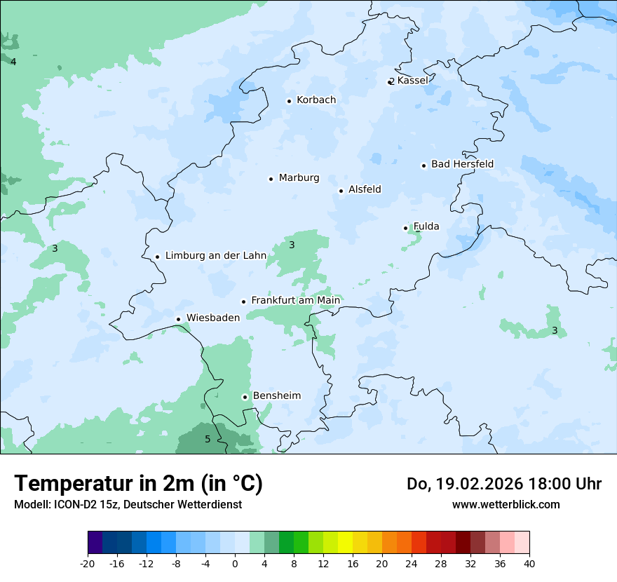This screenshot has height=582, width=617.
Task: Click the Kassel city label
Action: [412, 81]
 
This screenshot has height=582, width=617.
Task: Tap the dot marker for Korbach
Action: [289, 101]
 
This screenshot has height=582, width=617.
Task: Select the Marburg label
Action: [299, 178]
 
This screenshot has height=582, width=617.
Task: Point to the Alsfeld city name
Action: [365, 189]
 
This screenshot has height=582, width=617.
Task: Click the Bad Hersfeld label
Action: [462, 164]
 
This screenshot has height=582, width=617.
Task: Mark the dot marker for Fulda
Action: [405, 228]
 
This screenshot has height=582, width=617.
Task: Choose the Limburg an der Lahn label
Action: [215, 256]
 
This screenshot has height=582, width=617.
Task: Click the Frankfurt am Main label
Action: [295, 300]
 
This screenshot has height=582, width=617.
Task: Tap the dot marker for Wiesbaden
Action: [179, 320]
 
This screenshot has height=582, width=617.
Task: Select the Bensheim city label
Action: [276, 396]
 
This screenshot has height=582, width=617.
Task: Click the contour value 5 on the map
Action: [207, 440]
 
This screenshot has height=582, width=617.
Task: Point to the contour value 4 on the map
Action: [13, 62]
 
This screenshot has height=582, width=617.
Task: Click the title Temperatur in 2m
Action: [138, 484]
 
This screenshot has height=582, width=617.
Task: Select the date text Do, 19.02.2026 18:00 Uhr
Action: [503, 484]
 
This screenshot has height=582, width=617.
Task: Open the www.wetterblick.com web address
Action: [506, 504]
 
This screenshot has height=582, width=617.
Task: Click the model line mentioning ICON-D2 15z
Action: [128, 504]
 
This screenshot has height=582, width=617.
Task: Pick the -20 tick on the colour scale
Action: [88, 563]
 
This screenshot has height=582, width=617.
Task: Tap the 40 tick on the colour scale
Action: [529, 563]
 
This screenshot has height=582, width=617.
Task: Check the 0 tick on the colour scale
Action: [235, 563]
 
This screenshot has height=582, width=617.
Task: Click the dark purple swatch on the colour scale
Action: [95, 543]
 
